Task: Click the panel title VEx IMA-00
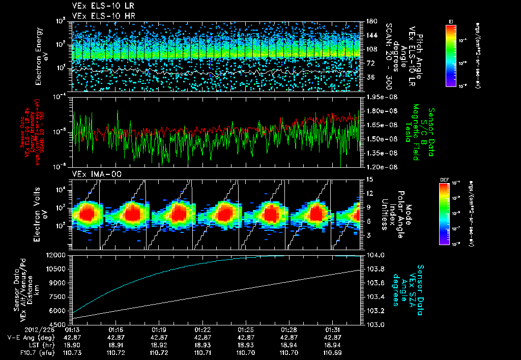(92, 174)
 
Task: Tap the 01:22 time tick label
(202, 330)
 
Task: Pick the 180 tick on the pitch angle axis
(371, 21)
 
